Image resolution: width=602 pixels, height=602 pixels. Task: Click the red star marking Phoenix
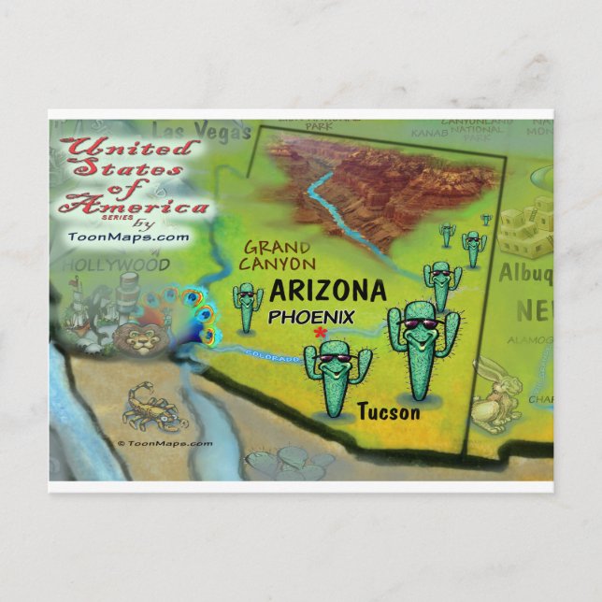coord(322,332)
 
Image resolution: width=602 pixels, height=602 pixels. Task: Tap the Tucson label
coord(389,411)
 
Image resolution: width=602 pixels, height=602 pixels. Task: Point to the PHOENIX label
coord(311,317)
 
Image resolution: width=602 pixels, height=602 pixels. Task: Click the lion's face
coord(143,337)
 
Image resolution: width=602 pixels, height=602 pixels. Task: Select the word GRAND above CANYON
coord(279,248)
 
